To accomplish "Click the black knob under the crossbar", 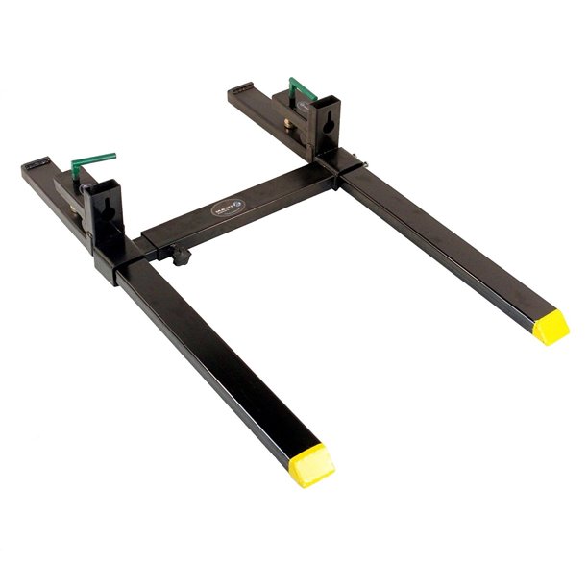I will (x=181, y=255).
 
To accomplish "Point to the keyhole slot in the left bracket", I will (x=105, y=208).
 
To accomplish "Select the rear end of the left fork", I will (x=34, y=168).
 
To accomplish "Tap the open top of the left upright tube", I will (x=102, y=182).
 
